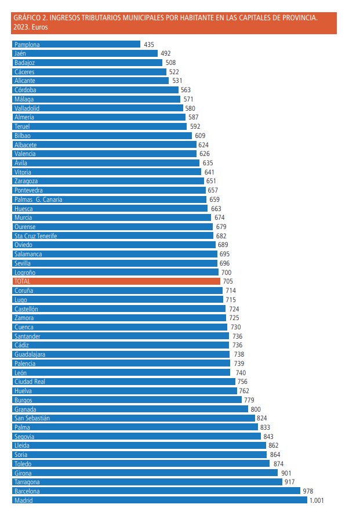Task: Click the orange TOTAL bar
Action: (116, 281)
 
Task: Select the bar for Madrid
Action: (159, 500)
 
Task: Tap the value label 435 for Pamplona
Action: (149, 44)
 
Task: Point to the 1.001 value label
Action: (317, 500)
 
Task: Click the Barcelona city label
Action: (27, 491)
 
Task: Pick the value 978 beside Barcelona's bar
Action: (308, 491)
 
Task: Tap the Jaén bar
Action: (85, 53)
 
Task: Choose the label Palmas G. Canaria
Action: (38, 199)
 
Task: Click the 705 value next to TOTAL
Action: (228, 281)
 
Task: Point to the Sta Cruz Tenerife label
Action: (36, 236)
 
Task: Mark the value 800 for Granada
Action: (256, 409)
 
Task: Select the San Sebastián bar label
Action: (32, 418)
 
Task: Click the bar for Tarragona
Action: (147, 482)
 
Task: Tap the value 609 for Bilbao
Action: (200, 136)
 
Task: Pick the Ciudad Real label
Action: (30, 382)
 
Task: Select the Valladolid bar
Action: (97, 108)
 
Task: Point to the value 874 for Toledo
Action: (278, 464)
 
